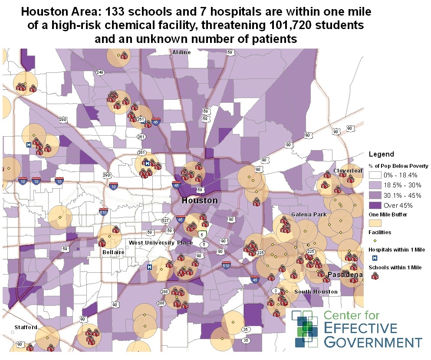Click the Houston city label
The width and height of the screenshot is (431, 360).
(x=200, y=201)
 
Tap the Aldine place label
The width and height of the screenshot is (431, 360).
(x=181, y=52)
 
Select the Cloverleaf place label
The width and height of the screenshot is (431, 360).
(x=348, y=171)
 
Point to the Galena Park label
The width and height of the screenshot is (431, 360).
(x=309, y=215)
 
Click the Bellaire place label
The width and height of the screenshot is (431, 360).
(x=114, y=252)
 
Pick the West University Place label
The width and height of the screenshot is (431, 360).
(x=161, y=242)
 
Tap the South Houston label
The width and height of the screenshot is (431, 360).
(x=316, y=291)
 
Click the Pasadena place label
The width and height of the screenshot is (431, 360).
(x=345, y=275)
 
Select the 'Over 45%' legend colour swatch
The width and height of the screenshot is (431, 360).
(x=375, y=205)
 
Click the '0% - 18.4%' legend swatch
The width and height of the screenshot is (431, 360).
(x=375, y=175)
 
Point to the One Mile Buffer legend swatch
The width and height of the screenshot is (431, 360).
(x=375, y=223)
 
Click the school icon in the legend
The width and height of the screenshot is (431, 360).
(x=375, y=276)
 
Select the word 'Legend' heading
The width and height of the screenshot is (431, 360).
(x=381, y=154)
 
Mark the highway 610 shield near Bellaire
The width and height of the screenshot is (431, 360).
(x=103, y=213)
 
